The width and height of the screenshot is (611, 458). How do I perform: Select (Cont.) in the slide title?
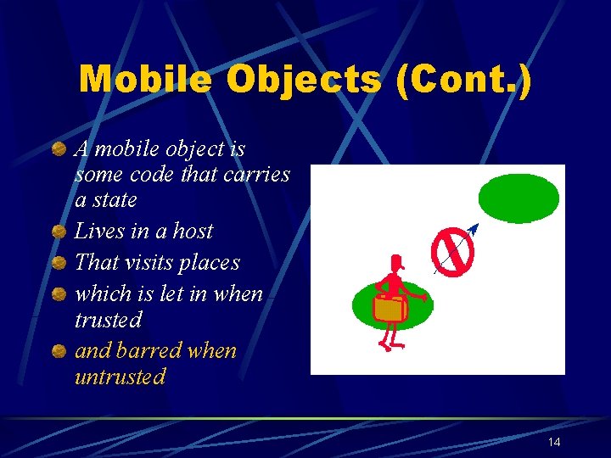(x=462, y=81)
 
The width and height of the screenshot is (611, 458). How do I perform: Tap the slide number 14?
(x=554, y=442)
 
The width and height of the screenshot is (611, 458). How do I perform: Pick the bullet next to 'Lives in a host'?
(x=59, y=232)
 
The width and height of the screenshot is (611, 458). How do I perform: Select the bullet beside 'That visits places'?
(x=59, y=264)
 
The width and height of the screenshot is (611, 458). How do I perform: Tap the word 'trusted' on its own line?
(x=108, y=321)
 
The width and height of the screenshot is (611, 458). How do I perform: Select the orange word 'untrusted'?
(x=120, y=377)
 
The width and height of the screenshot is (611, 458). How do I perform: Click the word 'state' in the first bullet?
(x=116, y=200)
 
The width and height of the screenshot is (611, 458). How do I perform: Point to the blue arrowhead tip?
(x=474, y=227)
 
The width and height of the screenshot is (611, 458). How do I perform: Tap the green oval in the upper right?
(x=519, y=198)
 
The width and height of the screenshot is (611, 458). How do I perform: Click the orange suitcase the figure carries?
(x=390, y=309)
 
